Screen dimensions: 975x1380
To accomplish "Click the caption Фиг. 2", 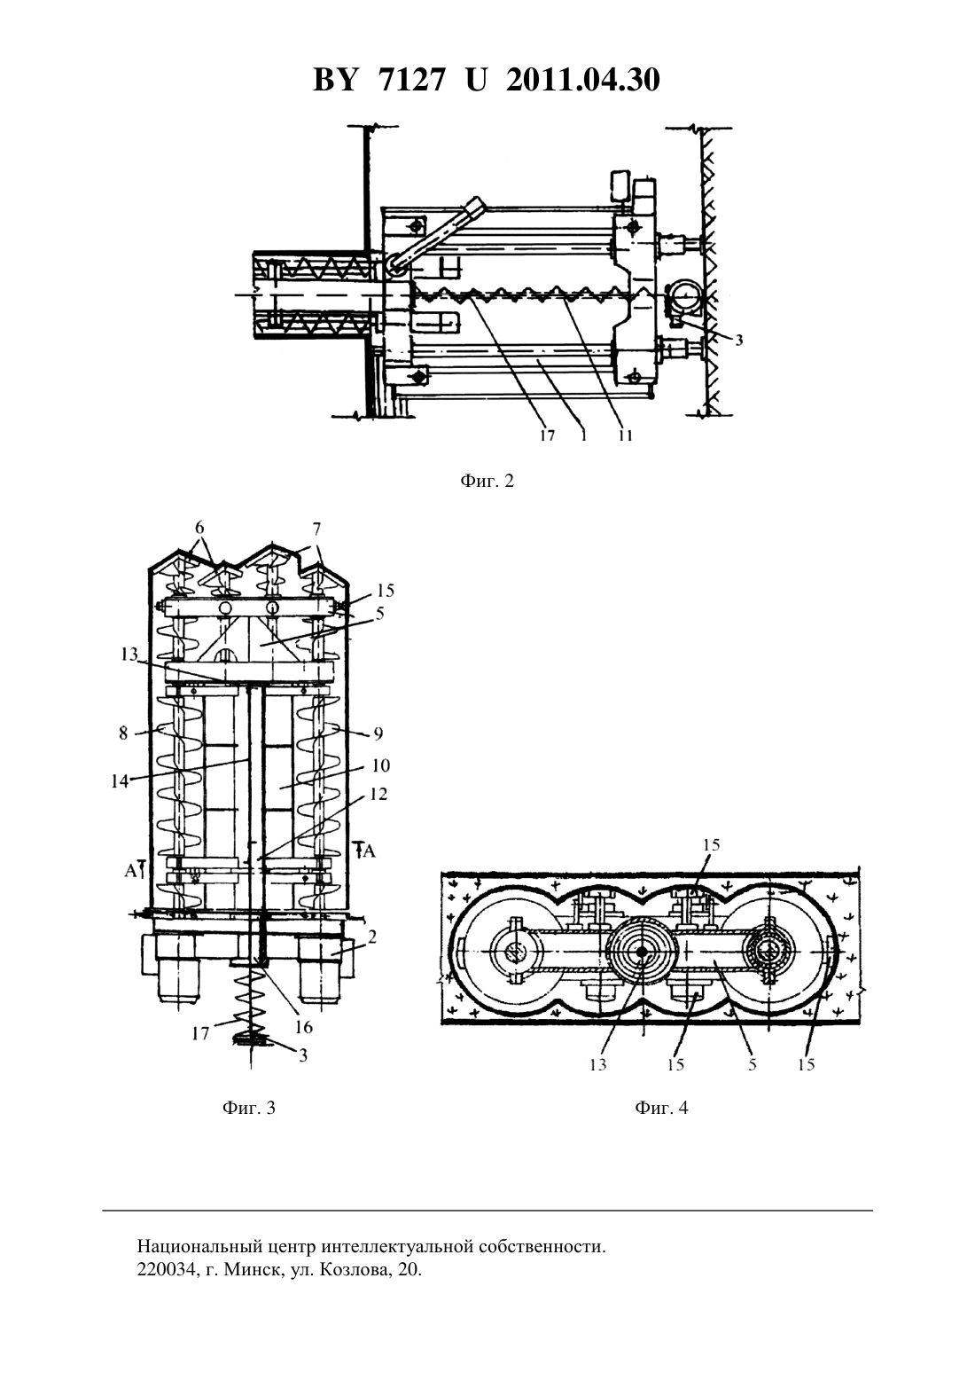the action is pyautogui.click(x=487, y=482).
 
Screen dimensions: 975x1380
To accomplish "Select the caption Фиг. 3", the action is pyautogui.click(x=249, y=1109).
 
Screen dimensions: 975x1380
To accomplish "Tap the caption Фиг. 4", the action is pyautogui.click(x=662, y=1109).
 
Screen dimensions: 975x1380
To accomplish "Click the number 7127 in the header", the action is pyautogui.click(x=411, y=80).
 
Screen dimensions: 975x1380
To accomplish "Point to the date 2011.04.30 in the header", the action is pyautogui.click(x=583, y=80).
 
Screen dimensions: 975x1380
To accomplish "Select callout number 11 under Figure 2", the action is pyautogui.click(x=626, y=436).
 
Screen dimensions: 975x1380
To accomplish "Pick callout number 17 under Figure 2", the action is pyautogui.click(x=548, y=436).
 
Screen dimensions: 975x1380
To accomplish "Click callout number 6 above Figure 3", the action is pyautogui.click(x=199, y=528).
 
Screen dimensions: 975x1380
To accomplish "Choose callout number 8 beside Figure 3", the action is pyautogui.click(x=124, y=733).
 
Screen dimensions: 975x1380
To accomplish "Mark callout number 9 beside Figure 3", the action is pyautogui.click(x=378, y=733).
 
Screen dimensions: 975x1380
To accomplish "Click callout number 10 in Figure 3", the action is pyautogui.click(x=381, y=765).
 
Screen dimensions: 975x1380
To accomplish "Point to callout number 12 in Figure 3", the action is pyautogui.click(x=379, y=794).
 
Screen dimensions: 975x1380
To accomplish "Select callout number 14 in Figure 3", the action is pyautogui.click(x=120, y=781).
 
